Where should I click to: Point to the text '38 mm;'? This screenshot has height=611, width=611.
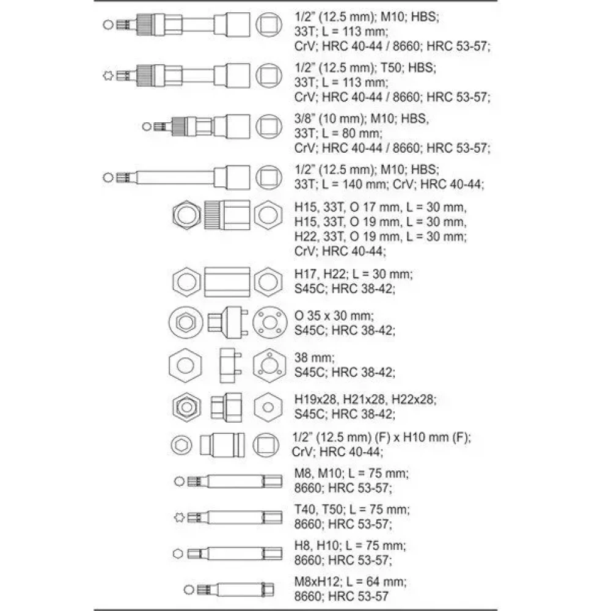coord(314,357)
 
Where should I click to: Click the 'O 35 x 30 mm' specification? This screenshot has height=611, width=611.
coord(334,316)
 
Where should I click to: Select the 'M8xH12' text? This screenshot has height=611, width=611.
coord(316,582)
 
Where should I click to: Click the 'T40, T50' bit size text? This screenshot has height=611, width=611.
coord(318,510)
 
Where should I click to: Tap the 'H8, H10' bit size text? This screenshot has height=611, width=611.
coord(316,546)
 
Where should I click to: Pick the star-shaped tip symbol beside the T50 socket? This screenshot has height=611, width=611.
coord(108,75)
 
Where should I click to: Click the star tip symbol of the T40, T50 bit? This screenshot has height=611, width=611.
coord(179,518)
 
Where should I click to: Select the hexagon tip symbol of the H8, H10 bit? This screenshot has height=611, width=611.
coord(178,554)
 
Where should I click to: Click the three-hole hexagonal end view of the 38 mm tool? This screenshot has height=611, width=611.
coord(269,365)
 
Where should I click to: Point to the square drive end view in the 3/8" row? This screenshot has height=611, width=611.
coord(269,126)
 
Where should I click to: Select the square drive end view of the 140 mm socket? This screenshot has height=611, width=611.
coord(269,177)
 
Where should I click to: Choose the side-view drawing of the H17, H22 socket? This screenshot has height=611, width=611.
coord(227,282)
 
